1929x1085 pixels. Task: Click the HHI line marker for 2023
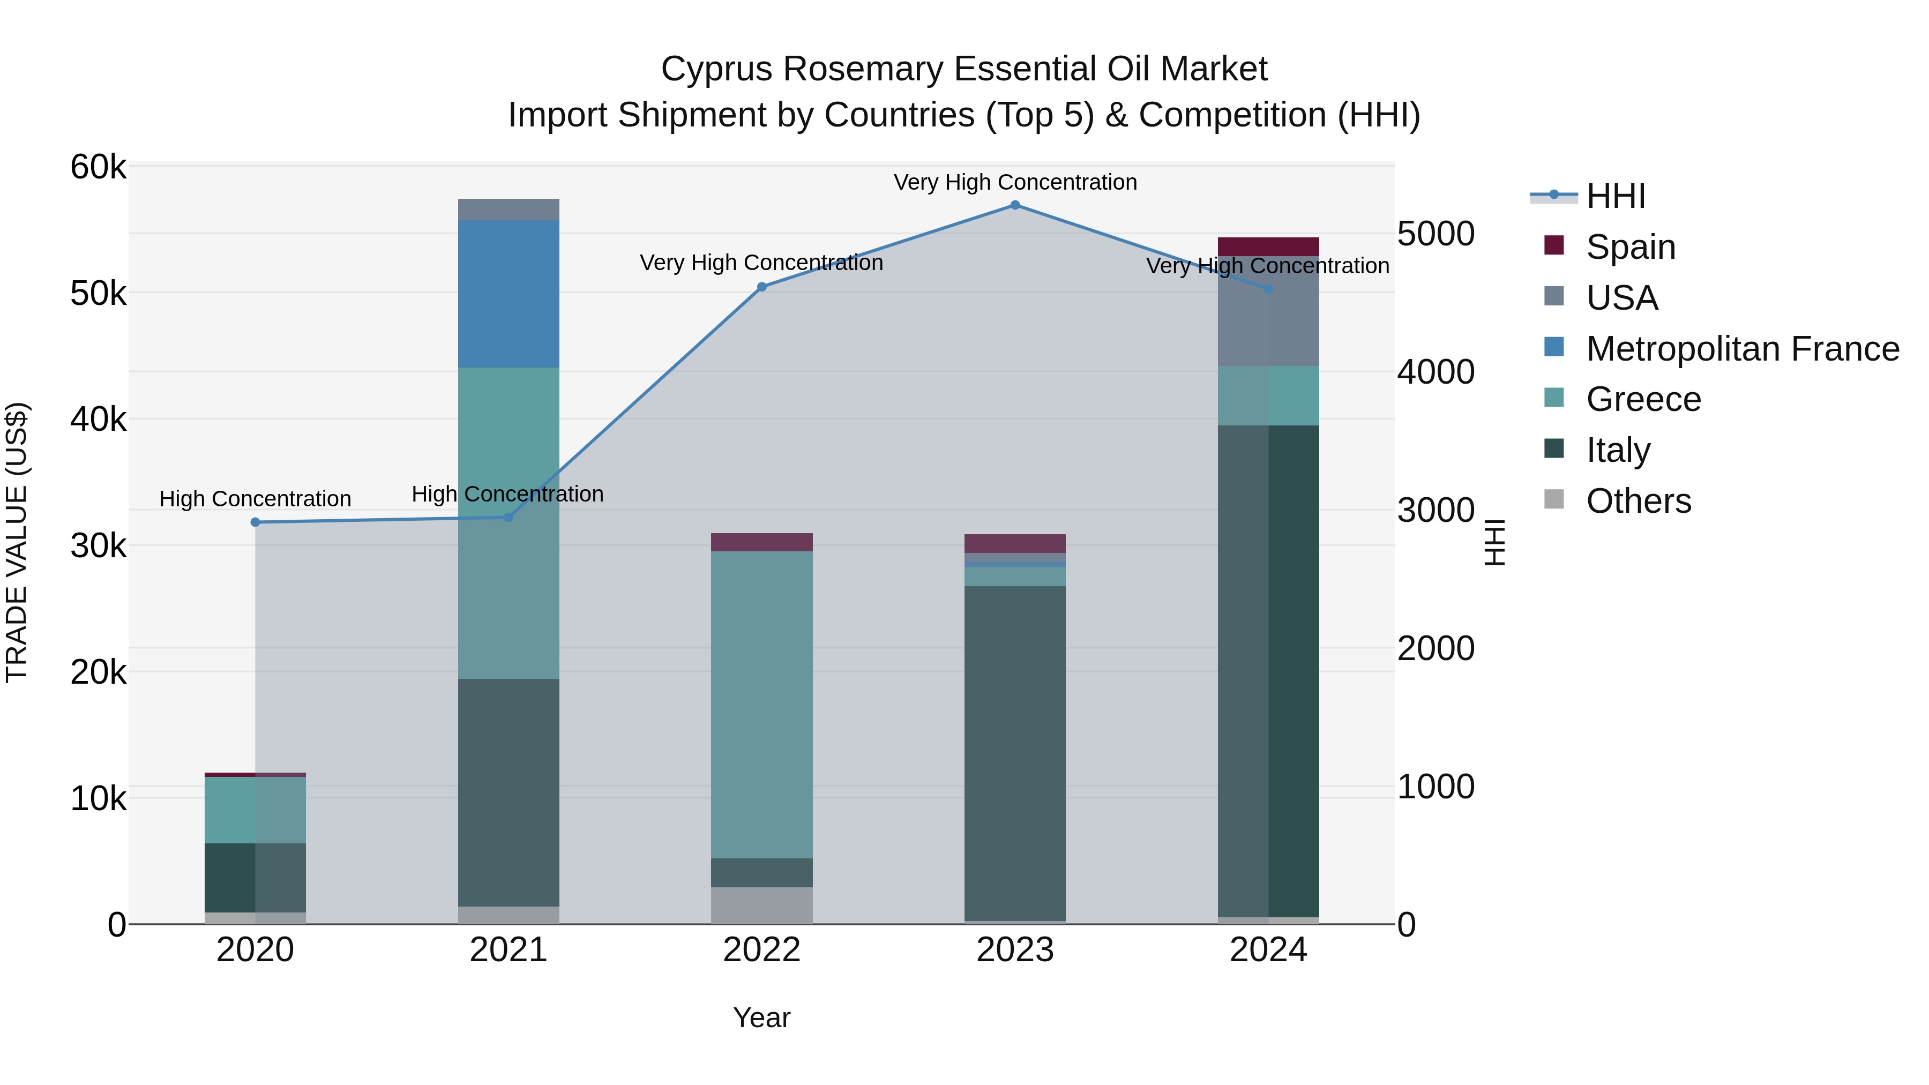1015,205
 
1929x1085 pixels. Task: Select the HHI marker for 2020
256,522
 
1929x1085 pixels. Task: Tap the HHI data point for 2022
761,287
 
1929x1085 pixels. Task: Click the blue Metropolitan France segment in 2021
509,294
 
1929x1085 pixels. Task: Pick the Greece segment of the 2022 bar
761,704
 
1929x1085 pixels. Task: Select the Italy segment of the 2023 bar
1015,753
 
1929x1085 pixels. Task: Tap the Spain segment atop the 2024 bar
1268,246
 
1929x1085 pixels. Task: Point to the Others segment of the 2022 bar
761,906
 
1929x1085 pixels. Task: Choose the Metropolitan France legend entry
1742,349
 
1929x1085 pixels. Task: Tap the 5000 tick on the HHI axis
1435,234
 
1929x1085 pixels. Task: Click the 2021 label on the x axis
509,950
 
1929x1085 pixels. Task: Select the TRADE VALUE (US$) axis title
17,542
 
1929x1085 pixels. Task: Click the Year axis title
761,1017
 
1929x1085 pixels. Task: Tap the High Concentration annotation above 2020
256,499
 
